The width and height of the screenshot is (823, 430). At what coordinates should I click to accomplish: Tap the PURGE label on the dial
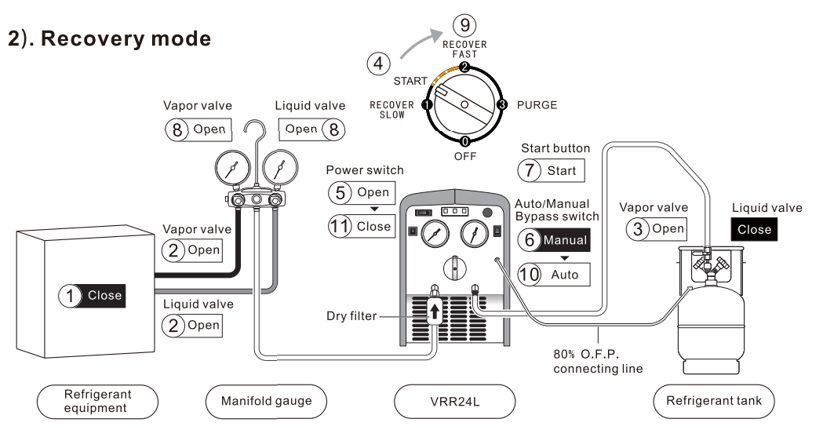[x=537, y=104]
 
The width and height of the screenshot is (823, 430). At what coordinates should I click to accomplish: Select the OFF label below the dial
[x=465, y=157]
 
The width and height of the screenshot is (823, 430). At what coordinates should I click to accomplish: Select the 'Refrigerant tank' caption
[x=714, y=399]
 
